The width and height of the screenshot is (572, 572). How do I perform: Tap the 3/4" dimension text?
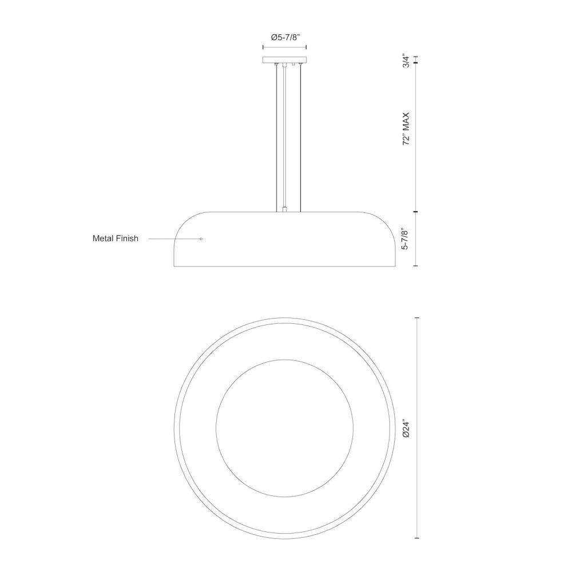point(406,61)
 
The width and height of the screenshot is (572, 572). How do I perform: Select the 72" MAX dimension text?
point(406,129)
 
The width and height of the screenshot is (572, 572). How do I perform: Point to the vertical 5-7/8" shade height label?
point(406,239)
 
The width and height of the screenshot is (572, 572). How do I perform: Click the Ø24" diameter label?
point(406,428)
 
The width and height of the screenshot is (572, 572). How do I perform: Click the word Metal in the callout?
point(102,238)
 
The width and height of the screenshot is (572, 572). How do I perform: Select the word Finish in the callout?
point(126,238)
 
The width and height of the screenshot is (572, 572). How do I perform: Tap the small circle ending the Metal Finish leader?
point(201,239)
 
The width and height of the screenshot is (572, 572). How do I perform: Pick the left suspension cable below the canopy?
point(276,138)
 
